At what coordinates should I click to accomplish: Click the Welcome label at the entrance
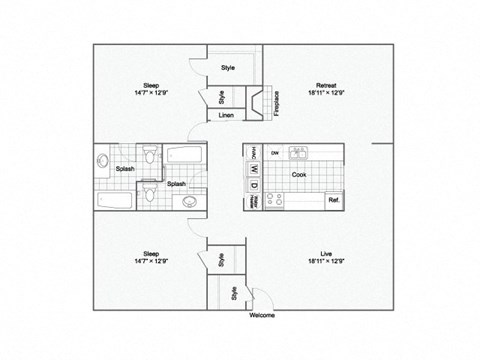point(261,315)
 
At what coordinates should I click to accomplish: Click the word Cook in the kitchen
point(298,174)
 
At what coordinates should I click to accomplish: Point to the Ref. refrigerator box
point(333,200)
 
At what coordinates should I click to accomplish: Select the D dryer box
point(254,184)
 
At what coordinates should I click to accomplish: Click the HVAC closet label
point(254,152)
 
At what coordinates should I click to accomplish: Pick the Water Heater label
point(254,200)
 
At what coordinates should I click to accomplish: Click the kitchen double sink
point(297,153)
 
